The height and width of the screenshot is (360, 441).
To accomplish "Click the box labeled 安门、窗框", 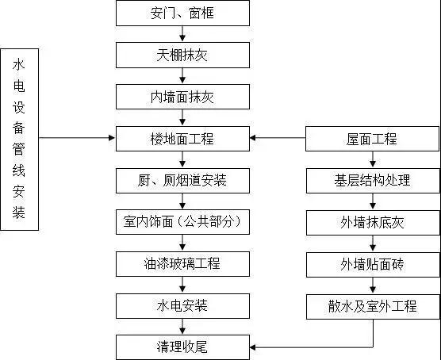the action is pos(182,13).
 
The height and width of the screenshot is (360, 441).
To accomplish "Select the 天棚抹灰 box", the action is pos(182,56).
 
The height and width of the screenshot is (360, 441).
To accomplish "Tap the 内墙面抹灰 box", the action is pos(182,97).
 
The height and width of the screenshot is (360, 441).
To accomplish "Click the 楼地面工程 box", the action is pos(182,139).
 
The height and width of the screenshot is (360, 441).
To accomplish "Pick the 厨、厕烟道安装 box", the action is pos(182,181).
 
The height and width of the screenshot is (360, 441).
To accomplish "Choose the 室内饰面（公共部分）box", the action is pos(182,222).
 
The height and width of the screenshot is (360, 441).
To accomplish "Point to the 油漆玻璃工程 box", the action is pos(182,264).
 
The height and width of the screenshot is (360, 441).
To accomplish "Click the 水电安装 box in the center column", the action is pos(182,306).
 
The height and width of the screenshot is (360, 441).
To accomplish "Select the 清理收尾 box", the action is pos(182,347).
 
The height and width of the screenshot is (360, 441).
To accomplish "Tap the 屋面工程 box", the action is pos(372,139).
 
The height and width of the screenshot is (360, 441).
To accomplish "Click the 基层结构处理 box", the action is pos(373,181).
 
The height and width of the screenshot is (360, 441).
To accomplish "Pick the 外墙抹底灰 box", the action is pos(373,223).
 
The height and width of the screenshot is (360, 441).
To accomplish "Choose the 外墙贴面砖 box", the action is pos(373,265).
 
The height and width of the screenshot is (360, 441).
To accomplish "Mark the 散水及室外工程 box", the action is pos(373,307).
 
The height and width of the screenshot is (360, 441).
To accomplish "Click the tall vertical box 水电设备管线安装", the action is pos(19,140).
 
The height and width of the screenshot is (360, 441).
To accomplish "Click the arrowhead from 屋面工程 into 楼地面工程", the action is pos(252,138).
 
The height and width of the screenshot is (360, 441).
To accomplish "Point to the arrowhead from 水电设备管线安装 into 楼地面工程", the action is pos(112,138).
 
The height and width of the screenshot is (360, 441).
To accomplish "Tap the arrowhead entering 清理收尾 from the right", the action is pos(252,347).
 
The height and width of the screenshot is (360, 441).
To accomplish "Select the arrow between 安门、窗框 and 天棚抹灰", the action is pos(182,34).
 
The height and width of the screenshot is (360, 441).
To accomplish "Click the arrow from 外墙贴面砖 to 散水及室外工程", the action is pos(373,285).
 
